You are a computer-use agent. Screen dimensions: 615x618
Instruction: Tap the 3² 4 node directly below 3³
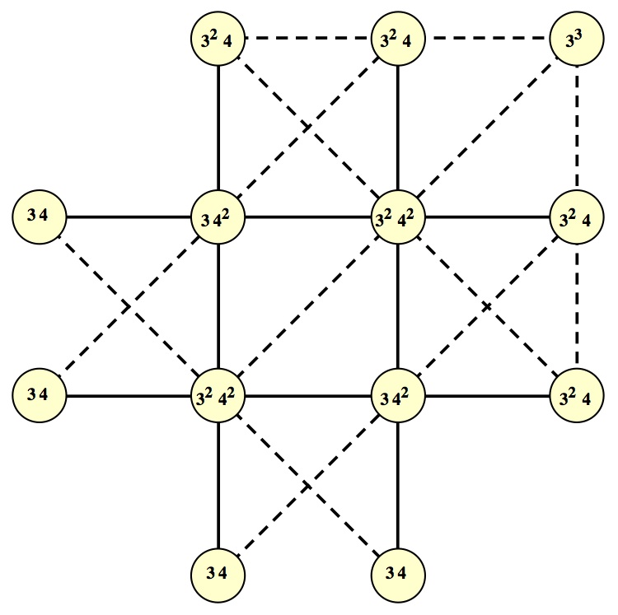coord(576,217)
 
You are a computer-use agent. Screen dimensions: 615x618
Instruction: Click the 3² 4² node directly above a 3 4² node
coord(398,217)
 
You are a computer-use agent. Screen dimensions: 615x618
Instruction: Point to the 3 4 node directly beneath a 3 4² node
coord(398,571)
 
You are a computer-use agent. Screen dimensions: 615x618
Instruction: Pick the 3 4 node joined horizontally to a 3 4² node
coord(39,217)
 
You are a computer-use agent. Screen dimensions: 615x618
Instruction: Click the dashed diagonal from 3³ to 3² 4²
coord(487,128)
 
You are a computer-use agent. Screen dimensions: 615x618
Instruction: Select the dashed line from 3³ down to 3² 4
coord(576,128)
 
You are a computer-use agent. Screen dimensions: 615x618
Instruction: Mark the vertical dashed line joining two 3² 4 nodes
coord(576,306)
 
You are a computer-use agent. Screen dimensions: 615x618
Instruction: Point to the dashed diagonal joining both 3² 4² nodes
coord(308,306)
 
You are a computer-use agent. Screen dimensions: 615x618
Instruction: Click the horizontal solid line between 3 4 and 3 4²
coord(129,217)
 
